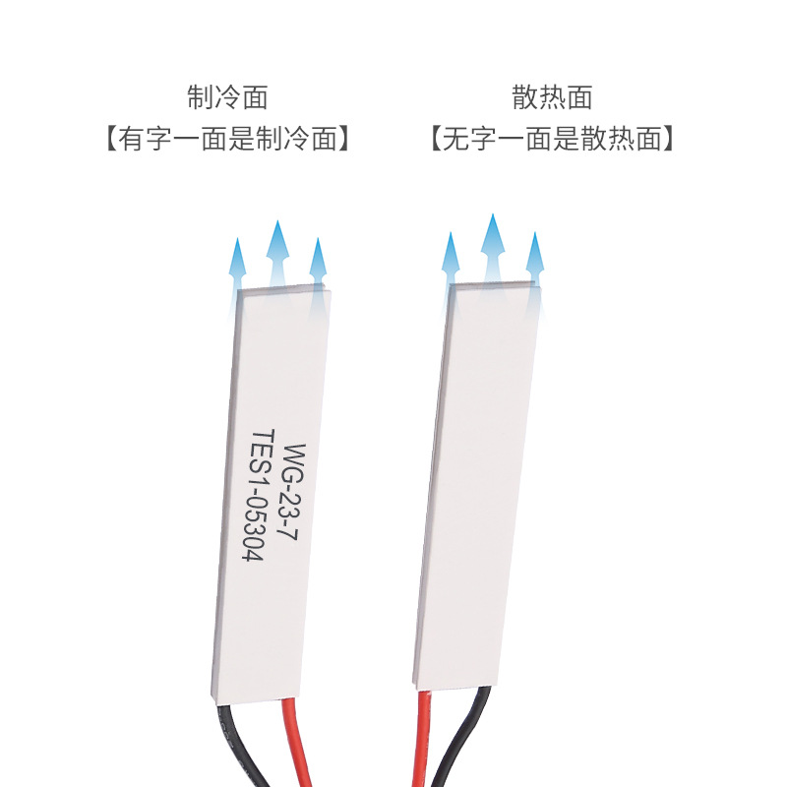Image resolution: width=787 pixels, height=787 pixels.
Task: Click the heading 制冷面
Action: coord(227,97)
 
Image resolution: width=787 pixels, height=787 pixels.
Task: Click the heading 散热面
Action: coord(552,97)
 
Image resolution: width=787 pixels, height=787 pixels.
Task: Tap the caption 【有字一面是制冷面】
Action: coord(227,139)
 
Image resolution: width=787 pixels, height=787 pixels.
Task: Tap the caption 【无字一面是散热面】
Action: coord(552,139)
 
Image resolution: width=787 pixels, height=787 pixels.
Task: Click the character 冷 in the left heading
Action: coord(227,97)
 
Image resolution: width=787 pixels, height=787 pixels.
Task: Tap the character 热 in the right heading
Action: coord(552,97)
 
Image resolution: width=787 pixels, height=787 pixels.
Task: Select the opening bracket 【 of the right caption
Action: coord(436,139)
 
